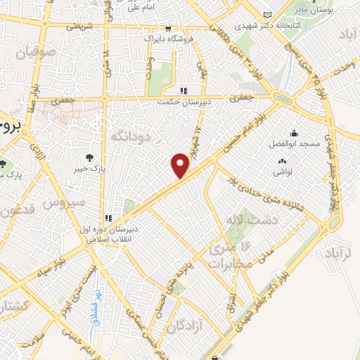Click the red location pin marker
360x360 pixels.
pos(181,165)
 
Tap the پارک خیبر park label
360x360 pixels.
pos(89,168)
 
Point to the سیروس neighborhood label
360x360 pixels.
pos(63,202)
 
